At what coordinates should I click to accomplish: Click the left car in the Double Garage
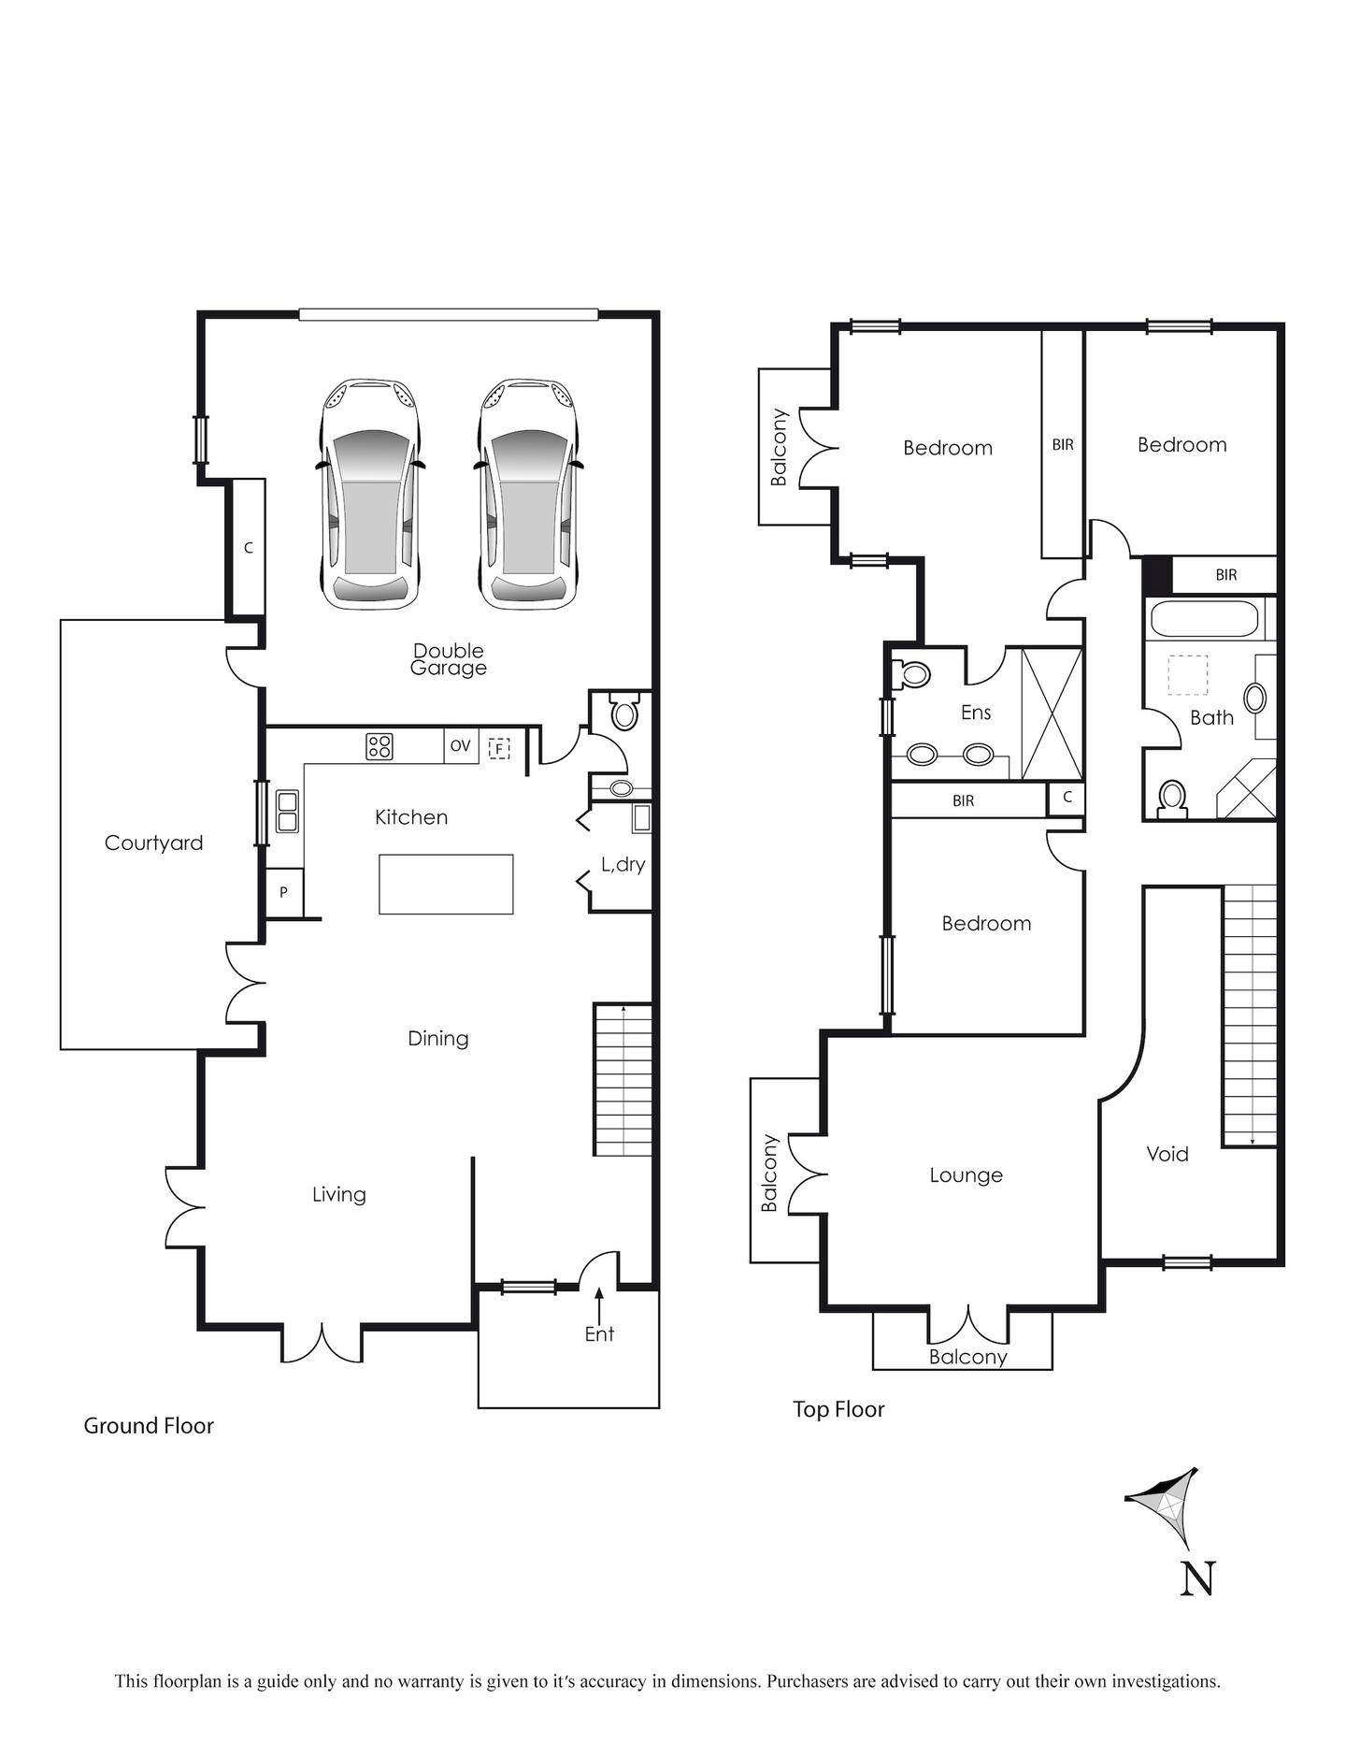[x=370, y=494]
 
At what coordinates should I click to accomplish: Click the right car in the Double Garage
[x=528, y=494]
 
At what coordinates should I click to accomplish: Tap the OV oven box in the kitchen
[x=461, y=746]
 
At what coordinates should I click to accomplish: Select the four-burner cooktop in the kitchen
[x=379, y=746]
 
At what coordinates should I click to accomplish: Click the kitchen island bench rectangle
[x=446, y=884]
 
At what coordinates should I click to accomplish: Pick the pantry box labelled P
[x=283, y=892]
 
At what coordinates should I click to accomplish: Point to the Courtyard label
[x=153, y=843]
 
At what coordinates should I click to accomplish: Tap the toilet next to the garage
[x=623, y=713]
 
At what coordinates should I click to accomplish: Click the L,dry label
[x=623, y=864]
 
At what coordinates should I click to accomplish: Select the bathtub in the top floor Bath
[x=1207, y=619]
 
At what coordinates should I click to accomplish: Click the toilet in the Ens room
[x=910, y=674]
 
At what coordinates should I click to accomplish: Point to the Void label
[x=1167, y=1154]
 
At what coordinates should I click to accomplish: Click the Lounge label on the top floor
[x=966, y=1175]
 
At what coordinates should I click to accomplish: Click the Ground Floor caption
[x=149, y=1426]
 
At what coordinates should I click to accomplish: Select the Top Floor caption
[x=838, y=1409]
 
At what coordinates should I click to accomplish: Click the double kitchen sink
[x=287, y=812]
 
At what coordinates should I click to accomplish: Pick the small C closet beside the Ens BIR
[x=1066, y=799]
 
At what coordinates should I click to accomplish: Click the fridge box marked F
[x=499, y=748]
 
